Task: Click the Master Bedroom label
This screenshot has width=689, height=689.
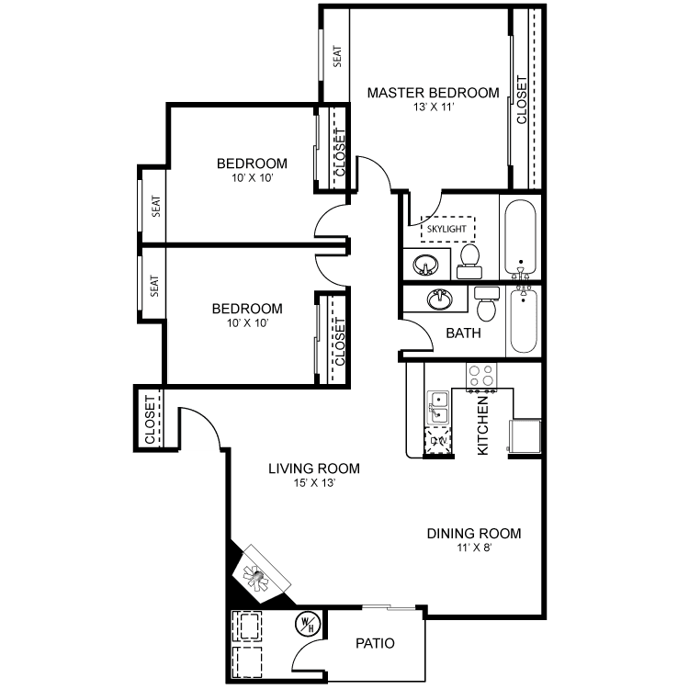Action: pyautogui.click(x=433, y=93)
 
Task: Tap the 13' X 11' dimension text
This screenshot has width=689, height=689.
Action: pyautogui.click(x=434, y=107)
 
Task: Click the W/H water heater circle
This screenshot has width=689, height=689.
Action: pyautogui.click(x=308, y=624)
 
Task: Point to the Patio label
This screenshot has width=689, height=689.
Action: pyautogui.click(x=375, y=643)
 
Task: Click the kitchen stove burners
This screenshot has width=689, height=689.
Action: pyautogui.click(x=481, y=376)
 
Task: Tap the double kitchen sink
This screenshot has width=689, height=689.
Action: pyautogui.click(x=438, y=408)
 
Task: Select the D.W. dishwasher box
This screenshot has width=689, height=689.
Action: pyautogui.click(x=437, y=440)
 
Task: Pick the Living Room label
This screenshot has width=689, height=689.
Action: pyautogui.click(x=314, y=469)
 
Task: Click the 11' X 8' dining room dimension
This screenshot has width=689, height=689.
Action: pyautogui.click(x=474, y=548)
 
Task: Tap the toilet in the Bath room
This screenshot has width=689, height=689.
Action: pyautogui.click(x=486, y=304)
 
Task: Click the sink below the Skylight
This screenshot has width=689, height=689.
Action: pyautogui.click(x=425, y=265)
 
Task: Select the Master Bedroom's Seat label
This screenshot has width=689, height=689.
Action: pyautogui.click(x=337, y=56)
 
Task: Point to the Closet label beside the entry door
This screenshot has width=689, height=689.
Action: pyautogui.click(x=150, y=420)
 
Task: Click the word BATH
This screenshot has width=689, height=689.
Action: pyautogui.click(x=463, y=333)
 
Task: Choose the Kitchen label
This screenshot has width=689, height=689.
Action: pyautogui.click(x=482, y=425)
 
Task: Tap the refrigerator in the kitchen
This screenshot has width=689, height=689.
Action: pyautogui.click(x=525, y=435)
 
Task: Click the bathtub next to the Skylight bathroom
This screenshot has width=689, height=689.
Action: pyautogui.click(x=520, y=237)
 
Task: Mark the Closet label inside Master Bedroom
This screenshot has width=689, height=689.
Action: pyautogui.click(x=522, y=100)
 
